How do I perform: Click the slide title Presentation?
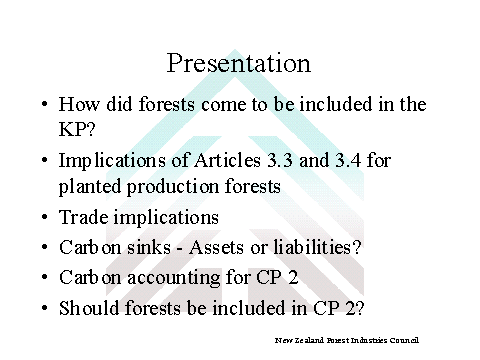coord(239,63)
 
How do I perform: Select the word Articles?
coord(227,160)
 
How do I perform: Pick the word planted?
coord(90,186)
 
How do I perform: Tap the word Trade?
coord(84,217)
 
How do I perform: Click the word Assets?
coord(217,247)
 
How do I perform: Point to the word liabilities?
coord(317,247)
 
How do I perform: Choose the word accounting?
coord(173,278)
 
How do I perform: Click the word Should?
coord(89,307)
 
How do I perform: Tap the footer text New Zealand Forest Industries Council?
coord(347,340)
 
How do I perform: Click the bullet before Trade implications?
coord(45,217)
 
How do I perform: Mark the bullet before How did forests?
coord(45,104)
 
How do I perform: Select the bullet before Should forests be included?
coord(45,308)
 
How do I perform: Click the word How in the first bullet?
coord(79,104)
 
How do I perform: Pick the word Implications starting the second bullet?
coord(112,161)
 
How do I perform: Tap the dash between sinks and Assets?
coord(180,249)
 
